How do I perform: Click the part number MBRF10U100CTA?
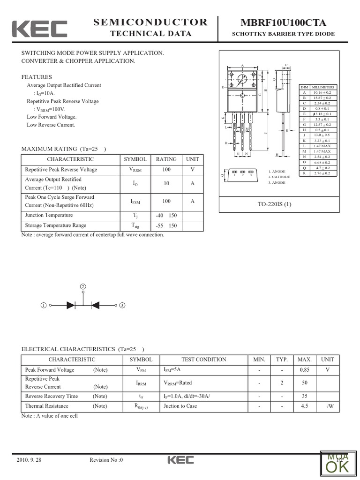click(x=284, y=23)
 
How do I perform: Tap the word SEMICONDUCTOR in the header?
click(x=150, y=22)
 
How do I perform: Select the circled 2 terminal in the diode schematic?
click(x=83, y=286)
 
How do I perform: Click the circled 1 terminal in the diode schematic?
click(x=44, y=306)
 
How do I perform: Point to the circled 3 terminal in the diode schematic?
click(x=122, y=306)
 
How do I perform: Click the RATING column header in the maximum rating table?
click(x=166, y=159)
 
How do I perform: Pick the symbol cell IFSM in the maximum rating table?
click(x=135, y=202)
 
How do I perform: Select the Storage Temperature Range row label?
click(x=55, y=226)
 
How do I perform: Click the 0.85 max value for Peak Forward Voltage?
click(x=305, y=370)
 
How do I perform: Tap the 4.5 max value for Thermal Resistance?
click(x=305, y=406)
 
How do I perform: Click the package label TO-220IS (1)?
click(x=274, y=204)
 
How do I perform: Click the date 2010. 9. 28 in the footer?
click(x=29, y=460)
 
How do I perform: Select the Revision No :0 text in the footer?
click(x=106, y=460)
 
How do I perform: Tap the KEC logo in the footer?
click(x=180, y=460)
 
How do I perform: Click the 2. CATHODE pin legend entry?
click(x=279, y=177)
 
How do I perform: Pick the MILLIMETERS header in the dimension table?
click(x=323, y=87)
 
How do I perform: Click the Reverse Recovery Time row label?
click(x=52, y=397)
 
